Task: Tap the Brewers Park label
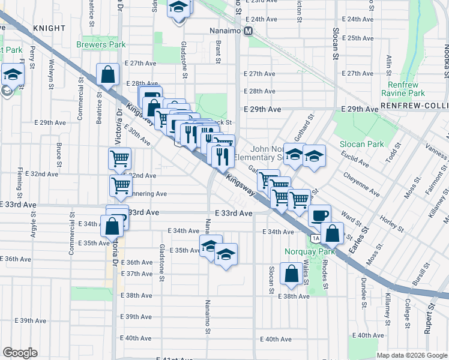pos(101,44)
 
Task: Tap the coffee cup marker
pos(319,215)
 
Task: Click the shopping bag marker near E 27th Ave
pos(108,76)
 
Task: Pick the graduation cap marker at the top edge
pos(179,8)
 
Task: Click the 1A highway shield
pos(315,239)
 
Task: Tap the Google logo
pos(20,353)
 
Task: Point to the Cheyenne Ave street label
pos(361,184)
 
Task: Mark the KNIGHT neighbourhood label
pos(49,28)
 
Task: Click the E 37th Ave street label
pos(137,274)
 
